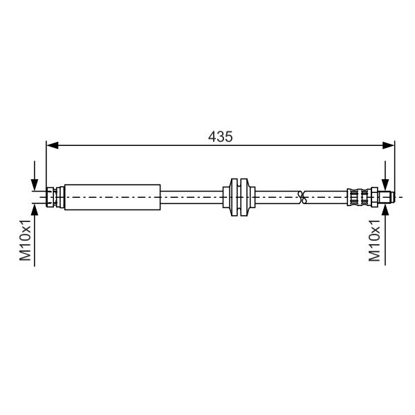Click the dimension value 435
click(x=220, y=137)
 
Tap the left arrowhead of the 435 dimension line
click(x=52, y=145)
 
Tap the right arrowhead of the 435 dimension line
click(x=388, y=145)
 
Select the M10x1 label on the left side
click(x=26, y=240)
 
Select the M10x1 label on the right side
click(x=375, y=241)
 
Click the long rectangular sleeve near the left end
click(x=113, y=197)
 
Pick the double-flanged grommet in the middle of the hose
click(x=239, y=197)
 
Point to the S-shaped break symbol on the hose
click(x=302, y=197)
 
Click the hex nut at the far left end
click(x=50, y=197)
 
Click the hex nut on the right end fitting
click(x=374, y=197)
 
